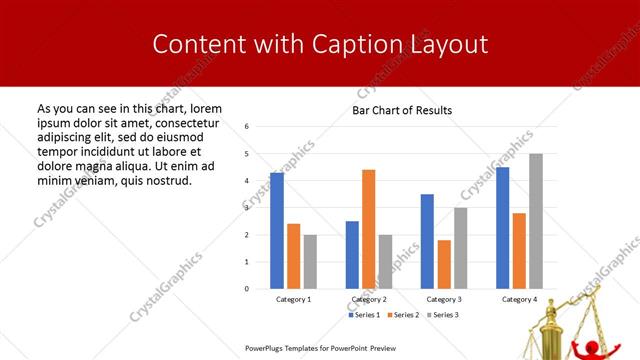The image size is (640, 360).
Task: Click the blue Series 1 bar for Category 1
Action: [x=277, y=231]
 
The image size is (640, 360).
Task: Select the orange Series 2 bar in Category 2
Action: [x=368, y=229]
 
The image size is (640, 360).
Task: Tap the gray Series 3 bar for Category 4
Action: [x=536, y=221]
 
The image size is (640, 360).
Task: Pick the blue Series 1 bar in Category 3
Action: [x=427, y=241]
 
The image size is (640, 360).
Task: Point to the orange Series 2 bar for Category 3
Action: [x=444, y=264]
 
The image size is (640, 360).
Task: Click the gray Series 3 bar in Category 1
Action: [x=310, y=262]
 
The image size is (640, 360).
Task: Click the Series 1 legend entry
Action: [x=364, y=315]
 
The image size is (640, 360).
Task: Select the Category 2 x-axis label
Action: [x=369, y=299]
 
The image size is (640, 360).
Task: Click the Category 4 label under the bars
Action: [x=519, y=299]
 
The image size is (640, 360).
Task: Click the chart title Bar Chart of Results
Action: [x=402, y=110]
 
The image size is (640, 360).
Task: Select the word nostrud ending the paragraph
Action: [x=166, y=180]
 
